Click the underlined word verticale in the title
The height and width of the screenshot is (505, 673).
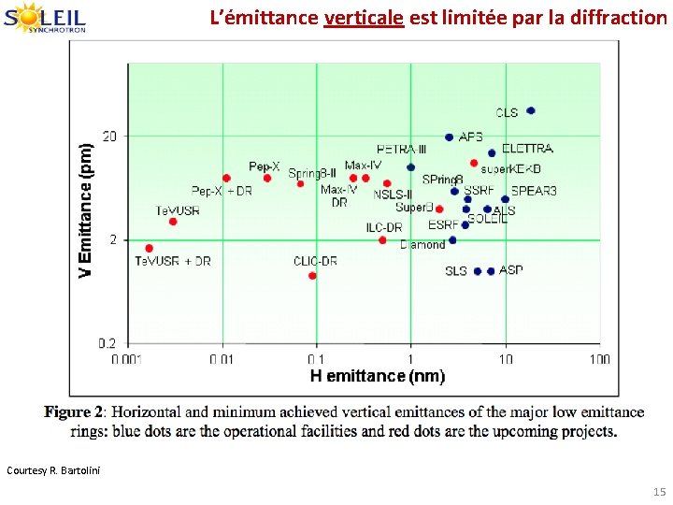(364, 18)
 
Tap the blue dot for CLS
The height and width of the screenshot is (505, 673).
(531, 110)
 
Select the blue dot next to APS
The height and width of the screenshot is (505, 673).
(449, 137)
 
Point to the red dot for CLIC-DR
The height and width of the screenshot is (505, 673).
(312, 276)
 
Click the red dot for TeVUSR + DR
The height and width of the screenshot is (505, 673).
(149, 248)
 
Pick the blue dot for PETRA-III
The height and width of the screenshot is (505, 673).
(410, 167)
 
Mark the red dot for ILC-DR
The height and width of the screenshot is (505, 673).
(382, 240)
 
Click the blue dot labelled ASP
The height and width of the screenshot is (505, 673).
(491, 271)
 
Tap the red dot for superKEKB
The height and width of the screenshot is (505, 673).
(474, 163)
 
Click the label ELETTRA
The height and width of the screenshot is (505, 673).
(527, 149)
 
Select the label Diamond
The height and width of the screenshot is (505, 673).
(422, 245)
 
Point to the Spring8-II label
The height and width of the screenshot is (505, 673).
(312, 173)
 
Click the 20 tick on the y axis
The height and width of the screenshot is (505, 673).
(110, 137)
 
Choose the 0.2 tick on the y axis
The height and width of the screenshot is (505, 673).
(108, 343)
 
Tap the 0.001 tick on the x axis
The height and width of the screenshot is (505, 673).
(127, 358)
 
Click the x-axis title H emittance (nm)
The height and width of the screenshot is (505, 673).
(364, 376)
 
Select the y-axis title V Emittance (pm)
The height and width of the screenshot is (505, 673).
(86, 209)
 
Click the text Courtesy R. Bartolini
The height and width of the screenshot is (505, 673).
(52, 469)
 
